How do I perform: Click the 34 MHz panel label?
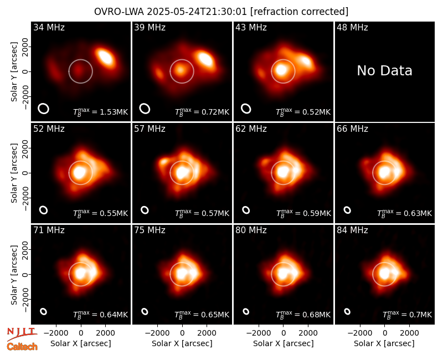49,27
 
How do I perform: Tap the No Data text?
384,71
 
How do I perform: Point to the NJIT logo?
22,333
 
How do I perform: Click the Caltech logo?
22,347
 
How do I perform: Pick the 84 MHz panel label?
352,230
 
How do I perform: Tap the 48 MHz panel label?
352,27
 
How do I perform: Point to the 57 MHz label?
150,129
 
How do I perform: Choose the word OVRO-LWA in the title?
119,12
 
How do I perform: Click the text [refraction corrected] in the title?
299,12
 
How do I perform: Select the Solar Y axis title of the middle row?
14,173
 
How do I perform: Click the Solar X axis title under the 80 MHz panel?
284,343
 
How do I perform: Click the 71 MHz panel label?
49,230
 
